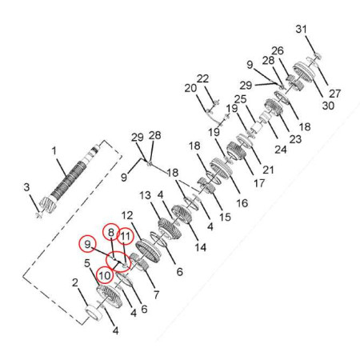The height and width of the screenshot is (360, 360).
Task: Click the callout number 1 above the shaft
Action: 54,150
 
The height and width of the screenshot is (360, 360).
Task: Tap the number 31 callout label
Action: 302,29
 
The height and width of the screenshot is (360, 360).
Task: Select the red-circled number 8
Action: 111,233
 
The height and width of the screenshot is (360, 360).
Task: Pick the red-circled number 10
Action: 105,275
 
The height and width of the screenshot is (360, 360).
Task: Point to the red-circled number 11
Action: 126,236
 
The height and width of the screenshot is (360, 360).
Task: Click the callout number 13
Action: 146,195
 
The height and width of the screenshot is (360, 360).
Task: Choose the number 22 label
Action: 202,78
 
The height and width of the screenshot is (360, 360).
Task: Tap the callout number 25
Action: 240,99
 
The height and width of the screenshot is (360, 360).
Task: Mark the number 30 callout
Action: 328,106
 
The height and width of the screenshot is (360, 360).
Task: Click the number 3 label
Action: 26,187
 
